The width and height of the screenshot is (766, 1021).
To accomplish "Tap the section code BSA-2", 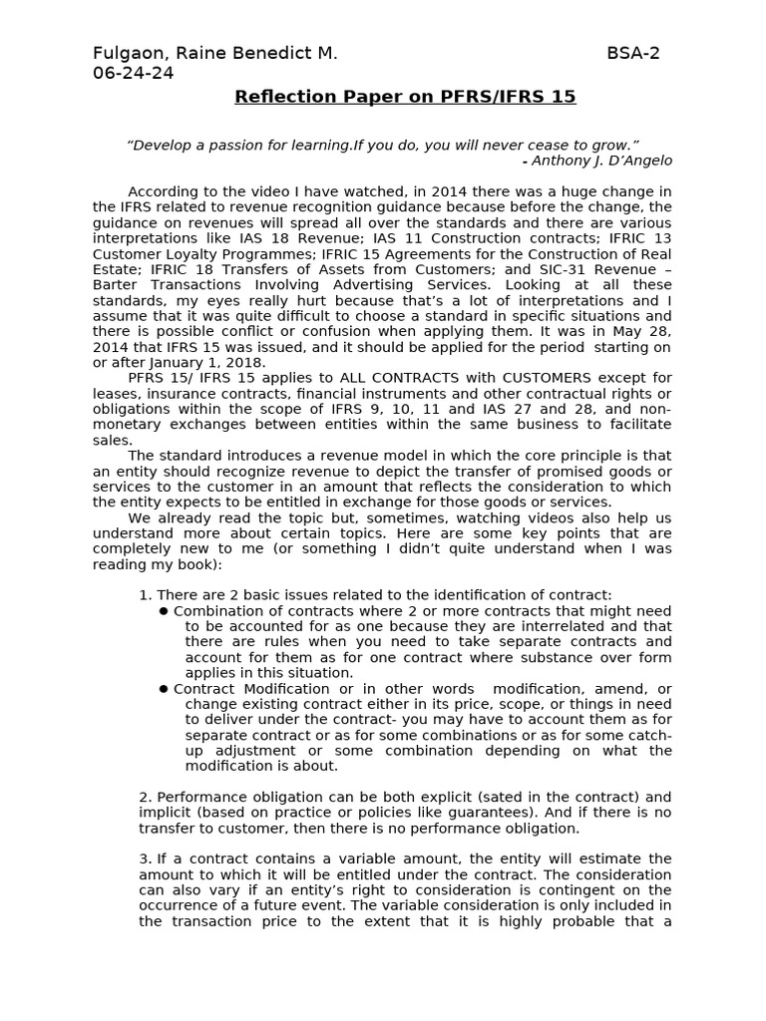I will [633, 53].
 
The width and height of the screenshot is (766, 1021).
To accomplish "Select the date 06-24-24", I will [134, 73].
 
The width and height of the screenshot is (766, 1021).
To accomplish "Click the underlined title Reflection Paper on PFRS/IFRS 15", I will [405, 97].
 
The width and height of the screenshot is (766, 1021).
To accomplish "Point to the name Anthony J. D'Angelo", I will [601, 161].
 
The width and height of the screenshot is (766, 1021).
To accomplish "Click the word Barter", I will [117, 285].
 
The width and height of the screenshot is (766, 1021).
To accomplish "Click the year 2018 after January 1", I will [246, 363].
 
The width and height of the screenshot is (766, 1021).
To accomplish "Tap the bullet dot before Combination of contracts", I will [164, 611].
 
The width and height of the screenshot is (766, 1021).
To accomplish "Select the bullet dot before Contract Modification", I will [164, 689].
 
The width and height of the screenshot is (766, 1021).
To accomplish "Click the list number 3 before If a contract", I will [144, 859].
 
